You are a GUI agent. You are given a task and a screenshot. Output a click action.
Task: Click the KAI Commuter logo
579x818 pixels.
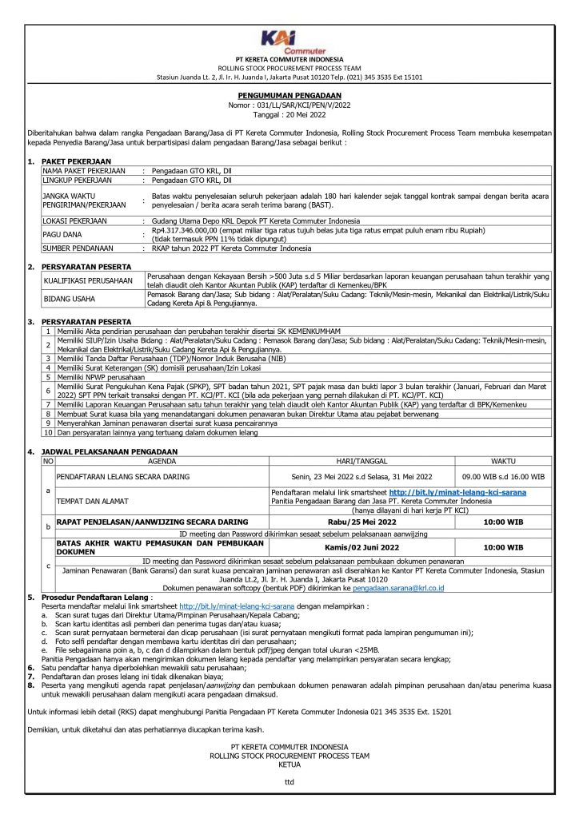(x=289, y=41)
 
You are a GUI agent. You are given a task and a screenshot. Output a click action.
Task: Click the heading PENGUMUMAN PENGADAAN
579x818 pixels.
(x=289, y=94)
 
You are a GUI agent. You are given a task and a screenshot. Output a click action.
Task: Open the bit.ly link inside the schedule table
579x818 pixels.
(x=457, y=493)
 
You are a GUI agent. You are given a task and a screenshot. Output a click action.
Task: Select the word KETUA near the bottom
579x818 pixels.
(x=289, y=764)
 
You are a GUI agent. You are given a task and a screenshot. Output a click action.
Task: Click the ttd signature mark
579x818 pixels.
(x=289, y=782)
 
